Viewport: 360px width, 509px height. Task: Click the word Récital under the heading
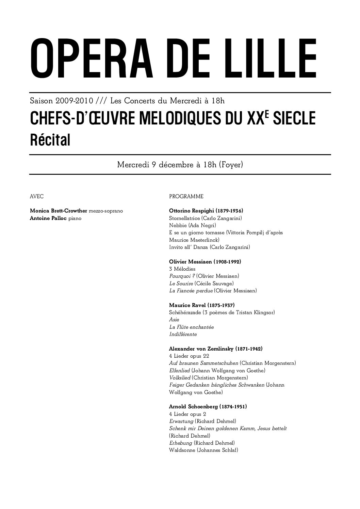click(50, 140)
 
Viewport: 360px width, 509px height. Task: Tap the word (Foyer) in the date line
click(231, 165)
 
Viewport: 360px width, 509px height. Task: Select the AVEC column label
click(37, 197)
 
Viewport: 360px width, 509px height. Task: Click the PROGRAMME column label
click(186, 197)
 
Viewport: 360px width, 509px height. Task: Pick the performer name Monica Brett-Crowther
click(59, 211)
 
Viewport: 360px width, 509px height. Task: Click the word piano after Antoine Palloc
click(75, 218)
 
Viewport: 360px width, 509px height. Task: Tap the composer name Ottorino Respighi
click(190, 211)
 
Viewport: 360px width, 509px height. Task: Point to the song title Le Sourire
click(181, 283)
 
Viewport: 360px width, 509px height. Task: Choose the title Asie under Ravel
click(174, 320)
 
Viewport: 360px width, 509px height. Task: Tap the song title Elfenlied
click(179, 370)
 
